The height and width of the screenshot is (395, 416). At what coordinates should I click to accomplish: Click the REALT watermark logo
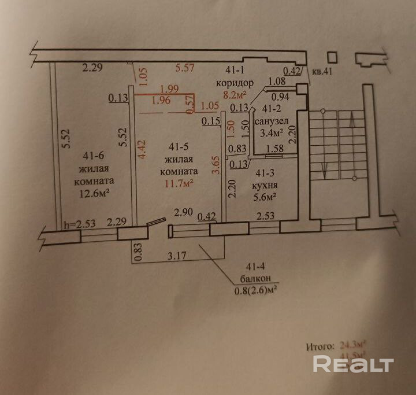click(x=353, y=364)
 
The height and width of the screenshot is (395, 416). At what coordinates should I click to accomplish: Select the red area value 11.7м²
click(x=177, y=183)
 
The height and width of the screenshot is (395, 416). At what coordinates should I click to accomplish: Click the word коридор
click(x=234, y=82)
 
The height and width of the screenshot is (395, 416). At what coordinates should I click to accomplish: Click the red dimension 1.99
click(x=169, y=88)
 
